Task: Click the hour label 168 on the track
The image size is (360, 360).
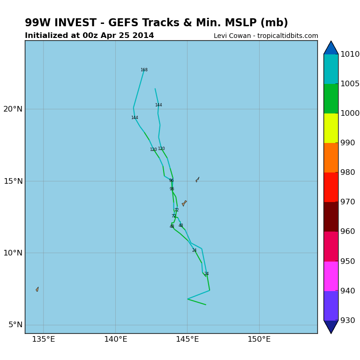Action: pos(144,70)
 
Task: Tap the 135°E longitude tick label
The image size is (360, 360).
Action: pos(43,339)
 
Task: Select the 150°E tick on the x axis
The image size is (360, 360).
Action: pos(259,339)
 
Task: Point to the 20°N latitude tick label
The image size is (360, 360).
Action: pos(13,109)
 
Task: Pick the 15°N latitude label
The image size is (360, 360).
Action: pos(13,181)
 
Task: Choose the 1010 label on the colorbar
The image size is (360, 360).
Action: pos(350,54)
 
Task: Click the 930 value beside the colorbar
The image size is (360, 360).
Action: pos(347,321)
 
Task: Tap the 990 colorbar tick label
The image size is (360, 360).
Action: pos(347,143)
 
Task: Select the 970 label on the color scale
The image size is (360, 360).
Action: pos(347,202)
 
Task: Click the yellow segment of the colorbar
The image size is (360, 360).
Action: pos(331,128)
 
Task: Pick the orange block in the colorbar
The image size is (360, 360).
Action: pos(331,157)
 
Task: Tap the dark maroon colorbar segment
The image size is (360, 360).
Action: pos(331,217)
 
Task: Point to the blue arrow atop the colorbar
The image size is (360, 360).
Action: pos(331,48)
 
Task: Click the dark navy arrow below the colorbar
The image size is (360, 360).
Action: pos(331,326)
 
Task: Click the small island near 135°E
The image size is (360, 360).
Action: pos(37,289)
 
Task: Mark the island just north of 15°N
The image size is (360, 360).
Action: pos(197,179)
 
